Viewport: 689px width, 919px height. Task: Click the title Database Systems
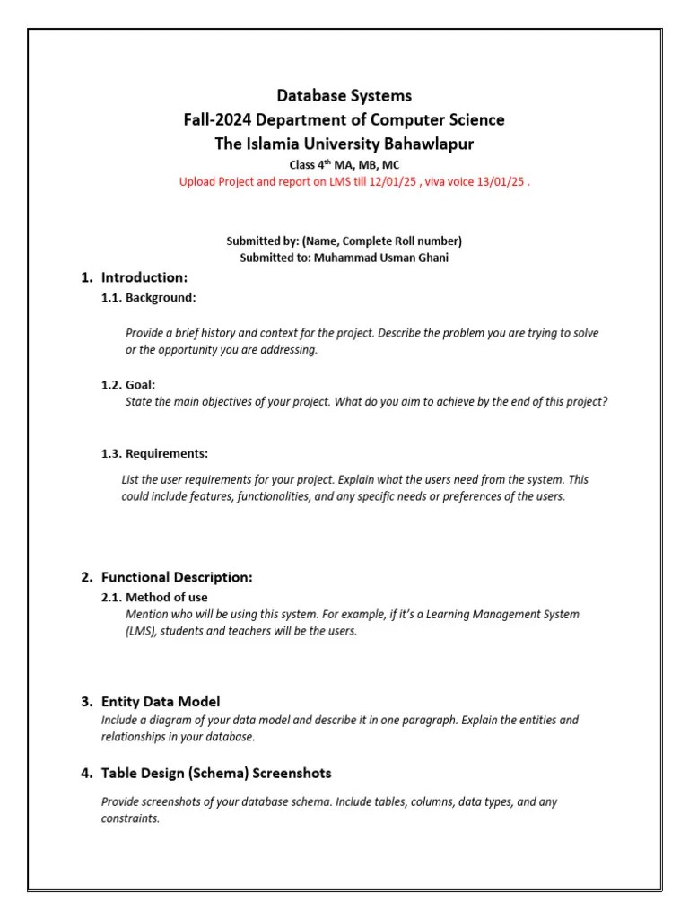pyautogui.click(x=344, y=95)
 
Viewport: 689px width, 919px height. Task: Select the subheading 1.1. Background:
pyautogui.click(x=149, y=297)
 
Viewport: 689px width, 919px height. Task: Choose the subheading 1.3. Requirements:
pyautogui.click(x=154, y=453)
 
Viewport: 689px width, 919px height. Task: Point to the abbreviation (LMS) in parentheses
pyautogui.click(x=141, y=631)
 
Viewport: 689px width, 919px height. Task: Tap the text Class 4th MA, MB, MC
pyautogui.click(x=344, y=165)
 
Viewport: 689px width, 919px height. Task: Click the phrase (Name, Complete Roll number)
pyautogui.click(x=382, y=241)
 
